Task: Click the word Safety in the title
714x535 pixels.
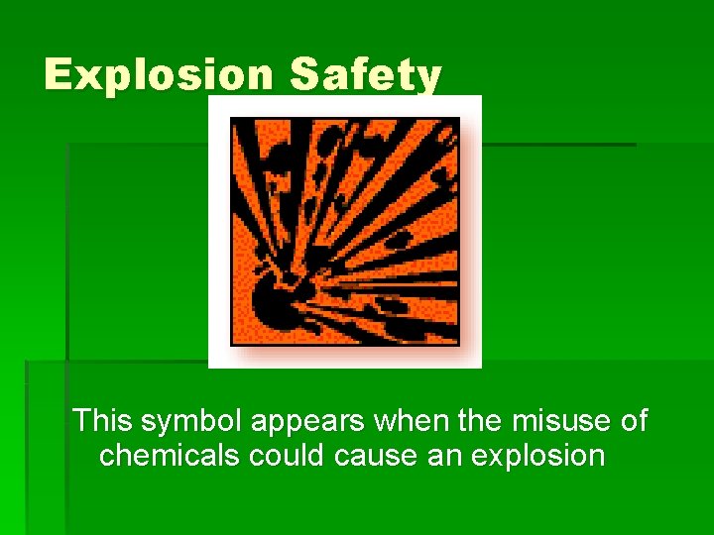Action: (365, 75)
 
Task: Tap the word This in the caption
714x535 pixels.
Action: (103, 421)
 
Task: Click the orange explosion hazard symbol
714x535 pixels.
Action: (345, 231)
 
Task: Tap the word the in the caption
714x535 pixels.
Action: (481, 421)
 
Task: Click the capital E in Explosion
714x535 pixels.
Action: (59, 75)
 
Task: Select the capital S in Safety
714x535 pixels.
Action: (303, 75)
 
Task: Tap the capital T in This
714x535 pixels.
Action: (83, 421)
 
